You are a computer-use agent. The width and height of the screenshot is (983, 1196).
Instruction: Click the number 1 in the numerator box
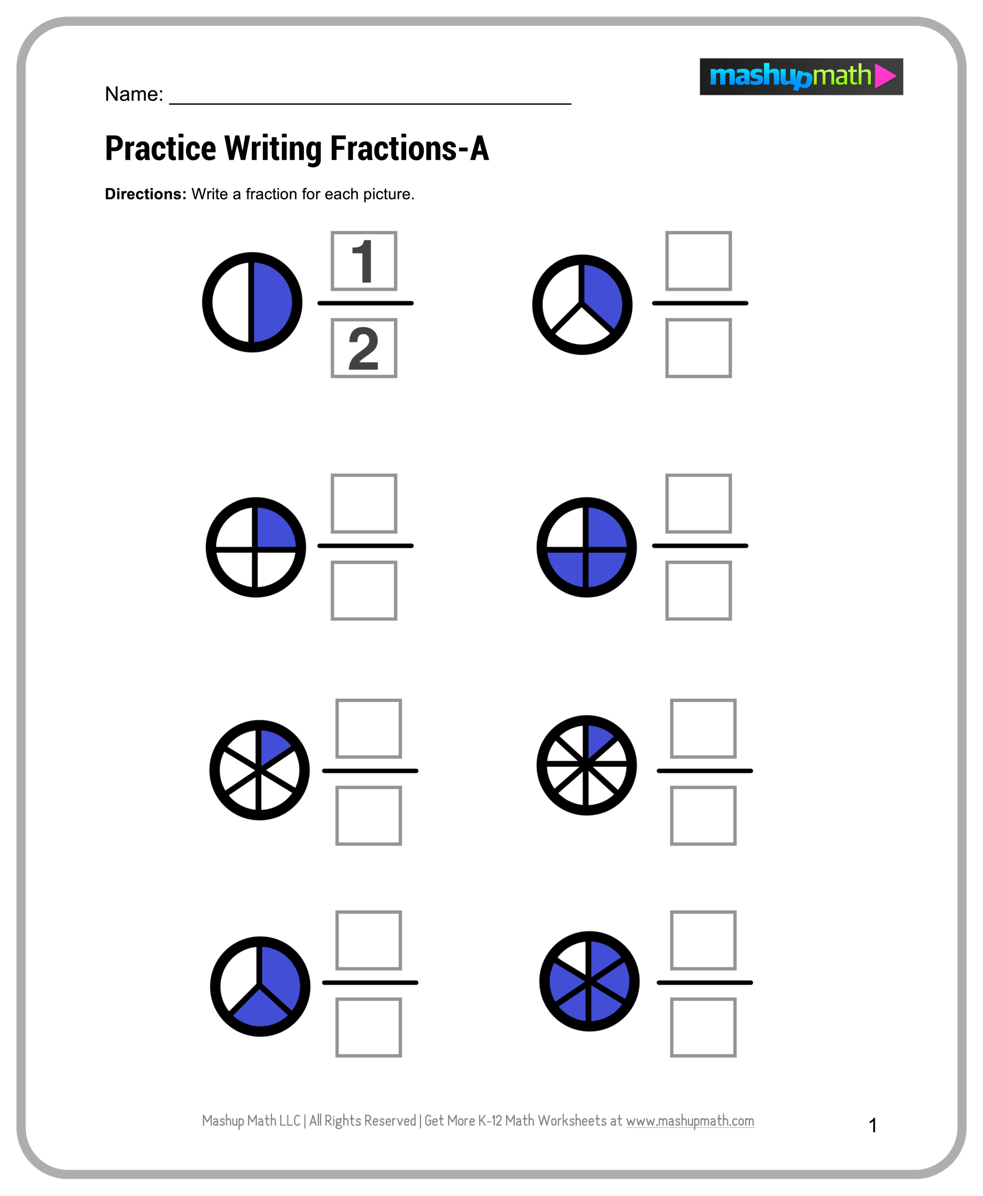click(x=363, y=261)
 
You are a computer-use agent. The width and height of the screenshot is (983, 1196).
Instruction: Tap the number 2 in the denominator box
click(x=363, y=349)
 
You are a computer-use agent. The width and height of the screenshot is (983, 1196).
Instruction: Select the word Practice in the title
click(x=160, y=149)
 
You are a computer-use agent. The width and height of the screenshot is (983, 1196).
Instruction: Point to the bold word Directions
click(x=145, y=194)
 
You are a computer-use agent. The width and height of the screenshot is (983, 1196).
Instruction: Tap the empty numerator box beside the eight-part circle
click(x=703, y=729)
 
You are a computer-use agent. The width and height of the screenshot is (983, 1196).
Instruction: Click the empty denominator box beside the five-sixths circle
click(x=703, y=1027)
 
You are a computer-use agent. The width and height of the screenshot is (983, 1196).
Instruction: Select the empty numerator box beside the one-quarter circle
click(x=363, y=504)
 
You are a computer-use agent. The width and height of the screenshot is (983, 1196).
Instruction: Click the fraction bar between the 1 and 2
click(x=365, y=304)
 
